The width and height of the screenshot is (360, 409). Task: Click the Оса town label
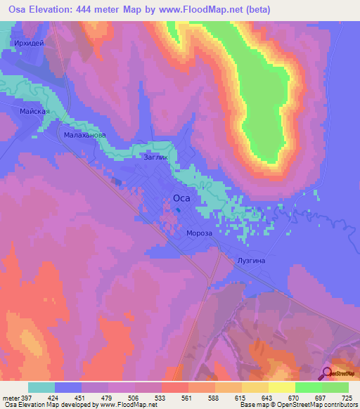pos(181,198)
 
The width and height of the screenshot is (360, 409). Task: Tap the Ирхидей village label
pos(29,43)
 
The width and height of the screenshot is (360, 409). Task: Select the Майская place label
pos(34,111)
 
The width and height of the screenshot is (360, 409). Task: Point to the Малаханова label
pos(84,134)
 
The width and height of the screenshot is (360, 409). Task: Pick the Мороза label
pos(200,233)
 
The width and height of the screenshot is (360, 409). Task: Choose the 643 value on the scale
pos(268,397)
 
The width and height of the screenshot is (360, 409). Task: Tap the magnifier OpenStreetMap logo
pos(327,373)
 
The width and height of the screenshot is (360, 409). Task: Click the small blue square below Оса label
pos(179,209)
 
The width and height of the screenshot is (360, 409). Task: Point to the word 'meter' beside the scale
pos(10,397)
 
